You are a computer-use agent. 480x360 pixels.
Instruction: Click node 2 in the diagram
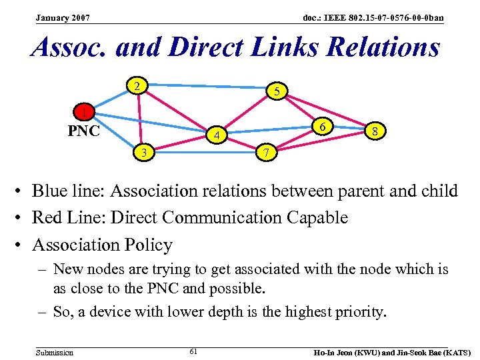[x=137, y=86]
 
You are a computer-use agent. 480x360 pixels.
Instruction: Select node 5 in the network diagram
[x=277, y=92]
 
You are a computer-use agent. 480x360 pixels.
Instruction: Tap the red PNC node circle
[x=83, y=111]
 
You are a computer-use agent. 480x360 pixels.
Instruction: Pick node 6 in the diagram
[x=322, y=127]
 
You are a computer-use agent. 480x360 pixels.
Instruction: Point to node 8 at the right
[x=376, y=131]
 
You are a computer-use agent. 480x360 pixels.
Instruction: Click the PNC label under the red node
[x=84, y=131]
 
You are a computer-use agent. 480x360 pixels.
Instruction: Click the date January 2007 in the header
[x=63, y=17]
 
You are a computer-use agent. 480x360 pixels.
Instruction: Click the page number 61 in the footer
[x=193, y=351]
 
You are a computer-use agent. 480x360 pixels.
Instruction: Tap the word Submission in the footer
[x=55, y=352]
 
